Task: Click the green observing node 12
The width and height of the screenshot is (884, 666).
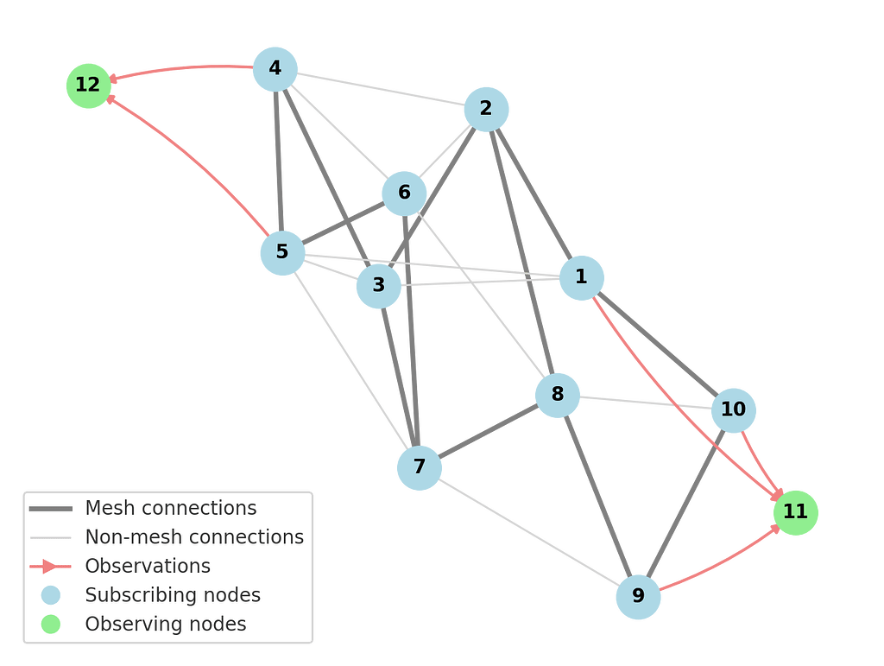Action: click(x=88, y=86)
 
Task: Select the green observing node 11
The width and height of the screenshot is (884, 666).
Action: click(x=795, y=512)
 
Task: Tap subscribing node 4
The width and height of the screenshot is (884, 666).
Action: click(x=275, y=68)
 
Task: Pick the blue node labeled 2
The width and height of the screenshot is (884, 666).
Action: click(x=486, y=109)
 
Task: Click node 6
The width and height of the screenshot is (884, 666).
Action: click(x=404, y=193)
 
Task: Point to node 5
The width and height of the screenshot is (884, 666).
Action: click(x=282, y=252)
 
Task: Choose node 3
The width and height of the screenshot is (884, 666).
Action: click(x=378, y=285)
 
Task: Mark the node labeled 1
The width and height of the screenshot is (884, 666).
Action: click(x=581, y=277)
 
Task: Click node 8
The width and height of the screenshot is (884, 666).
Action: click(x=558, y=396)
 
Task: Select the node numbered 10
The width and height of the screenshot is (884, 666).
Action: click(x=733, y=409)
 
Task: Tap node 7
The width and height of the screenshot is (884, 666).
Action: click(x=420, y=467)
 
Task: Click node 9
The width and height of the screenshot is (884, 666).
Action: click(x=638, y=596)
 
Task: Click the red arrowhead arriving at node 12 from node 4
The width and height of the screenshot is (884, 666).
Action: click(x=113, y=79)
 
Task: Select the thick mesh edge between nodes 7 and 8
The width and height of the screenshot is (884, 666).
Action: click(x=489, y=431)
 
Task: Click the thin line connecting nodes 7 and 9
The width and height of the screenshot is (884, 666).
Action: click(x=528, y=531)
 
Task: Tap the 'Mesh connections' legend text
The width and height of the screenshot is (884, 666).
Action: click(x=170, y=508)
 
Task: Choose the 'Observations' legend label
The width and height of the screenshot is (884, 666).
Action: click(x=148, y=567)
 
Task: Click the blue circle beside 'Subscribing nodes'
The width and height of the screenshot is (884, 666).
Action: click(x=51, y=595)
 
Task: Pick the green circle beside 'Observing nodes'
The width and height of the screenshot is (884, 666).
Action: click(x=51, y=625)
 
